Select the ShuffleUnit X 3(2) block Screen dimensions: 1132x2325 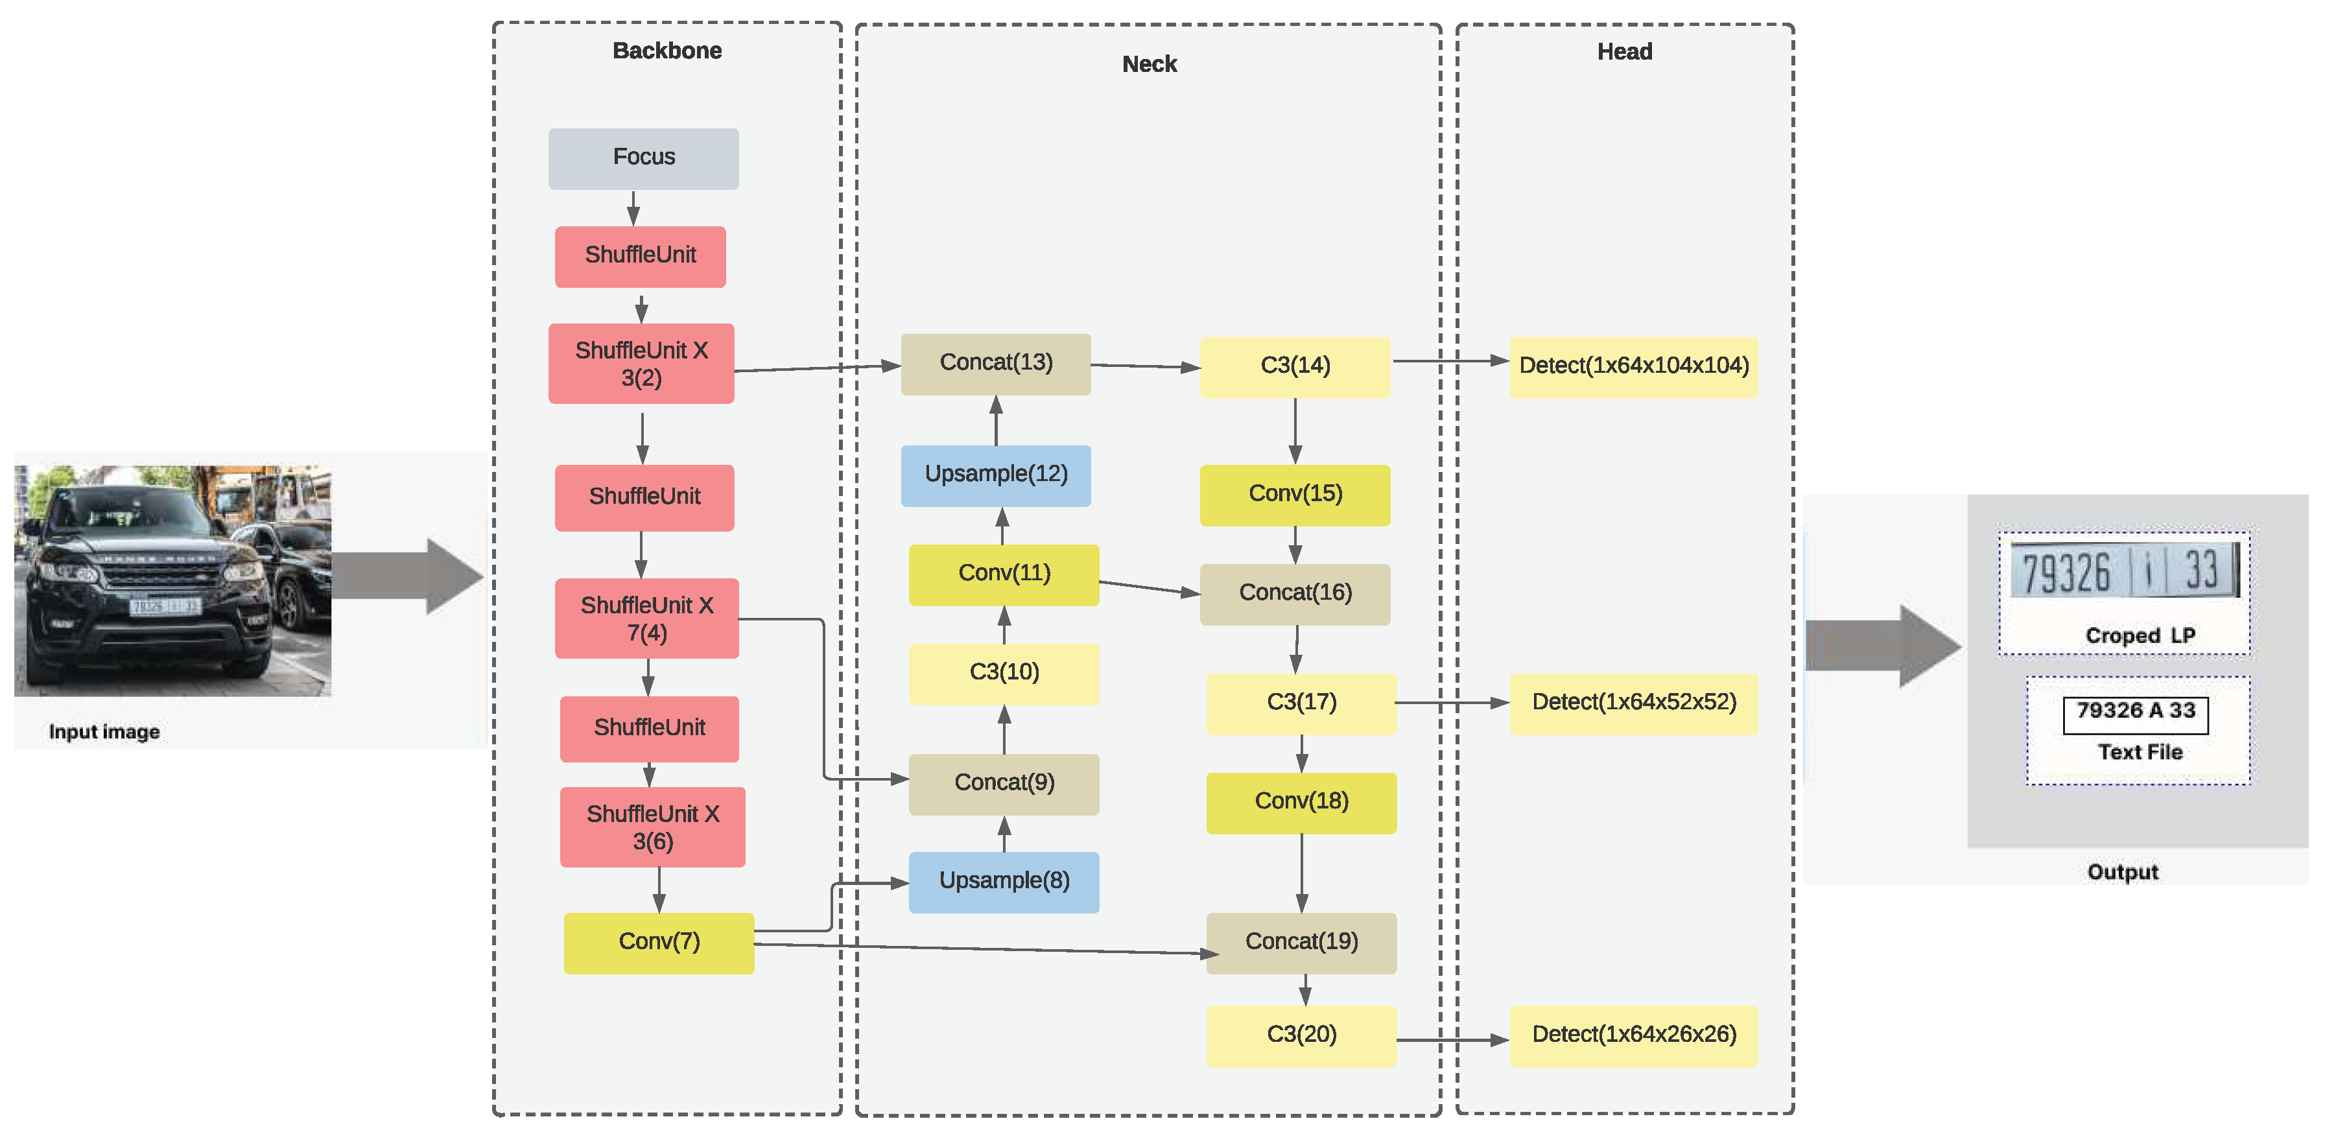pyautogui.click(x=641, y=363)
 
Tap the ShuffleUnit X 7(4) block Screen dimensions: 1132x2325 pyautogui.click(x=646, y=619)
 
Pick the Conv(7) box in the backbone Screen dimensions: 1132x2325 pyautogui.click(x=658, y=943)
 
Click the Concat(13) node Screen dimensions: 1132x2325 pyautogui.click(x=995, y=364)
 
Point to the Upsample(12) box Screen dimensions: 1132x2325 pyautogui.click(x=995, y=475)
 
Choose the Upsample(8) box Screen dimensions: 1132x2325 pyautogui.click(x=1004, y=882)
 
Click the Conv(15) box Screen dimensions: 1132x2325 pyautogui.click(x=1294, y=495)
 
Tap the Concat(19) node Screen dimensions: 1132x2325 pyautogui.click(x=1301, y=943)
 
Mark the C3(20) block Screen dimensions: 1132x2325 pyautogui.click(x=1301, y=1035)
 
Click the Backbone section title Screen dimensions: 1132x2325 pyautogui.click(x=667, y=51)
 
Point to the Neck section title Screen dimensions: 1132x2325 pyautogui.click(x=1149, y=64)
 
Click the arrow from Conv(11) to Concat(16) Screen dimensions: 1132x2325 pyautogui.click(x=1148, y=587)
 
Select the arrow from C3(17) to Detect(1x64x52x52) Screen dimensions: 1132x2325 pyautogui.click(x=1451, y=702)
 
